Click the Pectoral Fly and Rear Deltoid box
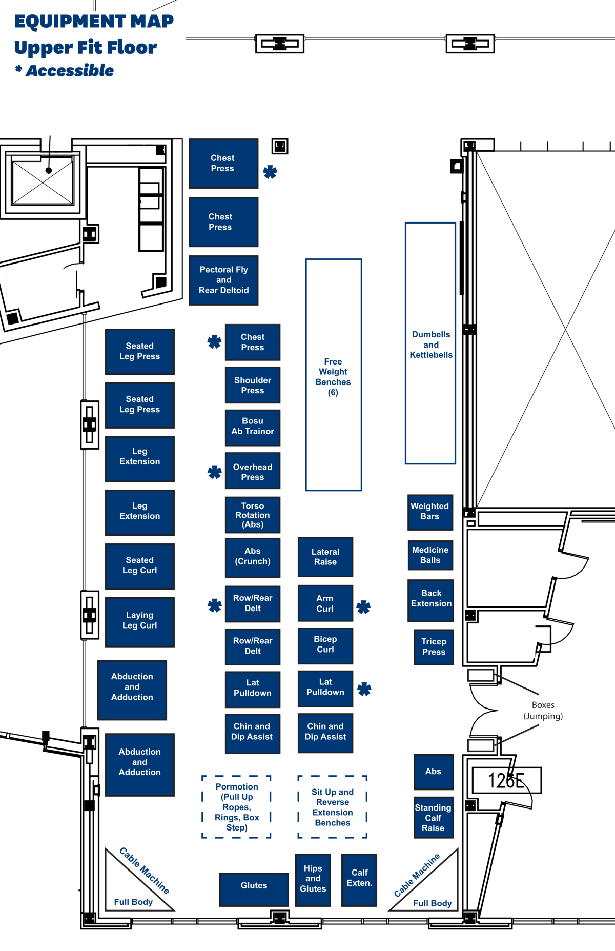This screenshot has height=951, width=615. tap(223, 280)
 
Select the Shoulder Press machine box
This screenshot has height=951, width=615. tap(253, 385)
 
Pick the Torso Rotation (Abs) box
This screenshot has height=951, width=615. tap(253, 515)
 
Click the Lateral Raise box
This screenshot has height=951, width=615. tap(325, 557)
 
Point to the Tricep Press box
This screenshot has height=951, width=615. tap(434, 647)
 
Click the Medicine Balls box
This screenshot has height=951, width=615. tap(430, 555)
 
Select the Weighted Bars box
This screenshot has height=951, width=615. tap(430, 512)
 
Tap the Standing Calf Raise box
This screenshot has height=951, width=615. tap(434, 818)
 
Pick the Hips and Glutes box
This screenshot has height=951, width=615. tap(313, 879)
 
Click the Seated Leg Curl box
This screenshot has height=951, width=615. tap(139, 566)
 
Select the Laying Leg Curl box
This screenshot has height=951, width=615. tap(139, 621)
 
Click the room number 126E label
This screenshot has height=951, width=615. tap(506, 780)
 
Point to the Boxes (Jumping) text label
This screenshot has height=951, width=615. tap(543, 711)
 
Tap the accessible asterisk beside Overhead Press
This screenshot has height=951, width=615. tap(215, 472)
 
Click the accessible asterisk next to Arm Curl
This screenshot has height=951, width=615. tap(363, 607)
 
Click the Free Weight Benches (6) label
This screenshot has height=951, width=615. tap(333, 377)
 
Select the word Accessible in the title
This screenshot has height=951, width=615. tap(70, 71)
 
